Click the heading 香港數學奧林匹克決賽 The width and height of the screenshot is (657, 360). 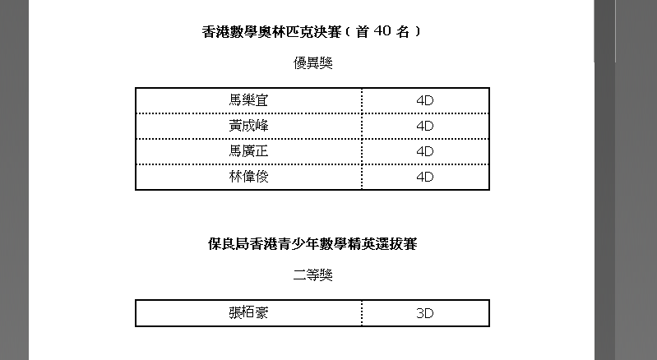(x=272, y=32)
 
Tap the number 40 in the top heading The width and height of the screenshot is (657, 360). (x=382, y=31)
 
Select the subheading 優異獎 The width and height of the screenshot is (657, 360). (x=312, y=63)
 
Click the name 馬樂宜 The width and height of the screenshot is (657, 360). (x=248, y=100)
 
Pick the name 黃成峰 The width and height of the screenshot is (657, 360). (x=248, y=126)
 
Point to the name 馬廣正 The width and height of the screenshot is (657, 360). (x=248, y=151)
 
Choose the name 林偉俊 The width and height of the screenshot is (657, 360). (x=248, y=177)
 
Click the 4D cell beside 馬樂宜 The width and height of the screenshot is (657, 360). (x=425, y=100)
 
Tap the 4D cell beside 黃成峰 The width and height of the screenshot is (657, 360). (x=425, y=126)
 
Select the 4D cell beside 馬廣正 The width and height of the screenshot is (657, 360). (x=425, y=151)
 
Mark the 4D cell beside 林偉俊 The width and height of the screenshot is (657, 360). (x=425, y=177)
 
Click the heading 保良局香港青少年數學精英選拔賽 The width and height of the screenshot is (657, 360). (x=312, y=244)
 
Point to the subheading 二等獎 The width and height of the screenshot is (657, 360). (x=312, y=275)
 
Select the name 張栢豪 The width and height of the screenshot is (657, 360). (x=248, y=313)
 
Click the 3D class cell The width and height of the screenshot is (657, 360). (x=425, y=313)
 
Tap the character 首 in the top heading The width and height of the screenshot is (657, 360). (x=362, y=31)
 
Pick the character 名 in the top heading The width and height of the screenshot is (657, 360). (x=403, y=31)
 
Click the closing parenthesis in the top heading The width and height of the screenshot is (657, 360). (x=418, y=31)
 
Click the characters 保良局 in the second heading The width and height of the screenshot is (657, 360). (x=229, y=244)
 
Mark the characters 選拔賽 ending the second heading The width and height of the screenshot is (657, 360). (x=396, y=244)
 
